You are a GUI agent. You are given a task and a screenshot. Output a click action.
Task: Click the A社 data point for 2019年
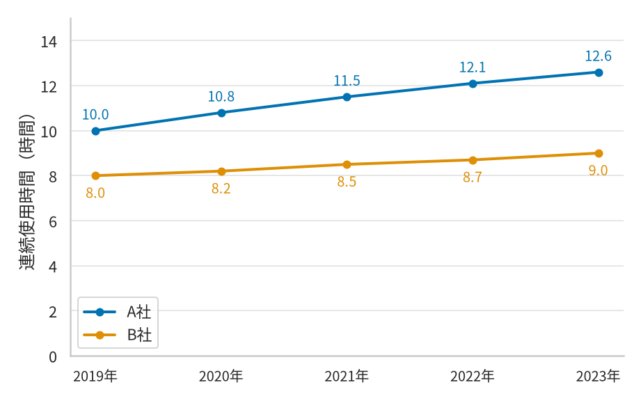[95, 131]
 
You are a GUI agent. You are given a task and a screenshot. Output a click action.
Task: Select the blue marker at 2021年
[347, 97]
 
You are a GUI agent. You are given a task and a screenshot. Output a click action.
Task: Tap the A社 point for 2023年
[599, 73]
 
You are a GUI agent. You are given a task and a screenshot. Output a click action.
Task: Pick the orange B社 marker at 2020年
[221, 171]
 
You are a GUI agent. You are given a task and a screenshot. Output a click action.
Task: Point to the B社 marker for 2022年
[473, 160]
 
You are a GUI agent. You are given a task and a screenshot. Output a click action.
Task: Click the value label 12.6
[598, 56]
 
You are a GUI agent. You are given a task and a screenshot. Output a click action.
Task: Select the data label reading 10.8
[221, 97]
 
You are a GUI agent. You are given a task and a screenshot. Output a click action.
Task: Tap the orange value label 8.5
[347, 182]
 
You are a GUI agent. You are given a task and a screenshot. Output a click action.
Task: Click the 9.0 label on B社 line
[598, 170]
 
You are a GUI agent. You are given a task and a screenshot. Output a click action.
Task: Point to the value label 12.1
[473, 67]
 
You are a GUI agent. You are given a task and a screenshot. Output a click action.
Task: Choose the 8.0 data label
[95, 193]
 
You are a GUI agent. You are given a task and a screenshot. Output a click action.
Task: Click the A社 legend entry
[118, 313]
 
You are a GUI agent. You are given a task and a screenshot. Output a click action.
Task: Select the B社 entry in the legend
[118, 335]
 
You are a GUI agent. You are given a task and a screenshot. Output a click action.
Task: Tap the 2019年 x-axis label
[95, 376]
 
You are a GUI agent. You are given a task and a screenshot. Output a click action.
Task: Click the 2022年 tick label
[473, 376]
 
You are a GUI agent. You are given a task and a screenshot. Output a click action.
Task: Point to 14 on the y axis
[49, 42]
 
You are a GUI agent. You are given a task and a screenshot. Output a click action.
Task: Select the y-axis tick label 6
[53, 222]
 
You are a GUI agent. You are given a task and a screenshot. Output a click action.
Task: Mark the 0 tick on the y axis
[53, 357]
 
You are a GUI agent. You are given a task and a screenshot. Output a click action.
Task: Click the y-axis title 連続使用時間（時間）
[27, 192]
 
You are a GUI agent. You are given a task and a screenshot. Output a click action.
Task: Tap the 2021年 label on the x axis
[347, 376]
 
